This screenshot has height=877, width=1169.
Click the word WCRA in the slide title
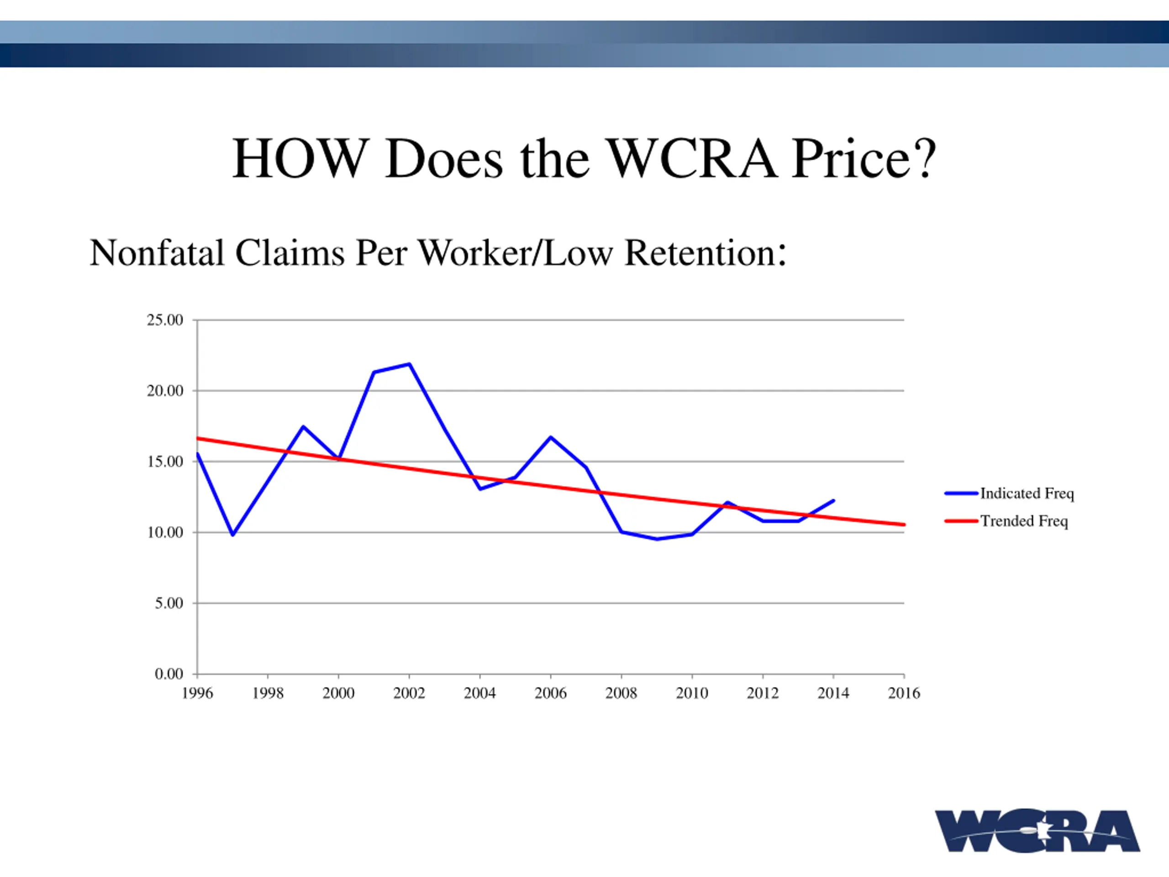[x=692, y=158]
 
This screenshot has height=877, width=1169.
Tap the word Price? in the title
[x=864, y=158]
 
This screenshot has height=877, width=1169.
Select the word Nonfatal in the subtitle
[x=157, y=253]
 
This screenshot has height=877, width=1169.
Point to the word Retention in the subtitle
[x=700, y=253]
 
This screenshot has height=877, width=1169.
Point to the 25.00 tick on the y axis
[x=165, y=320]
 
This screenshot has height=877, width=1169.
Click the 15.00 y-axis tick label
[x=165, y=461]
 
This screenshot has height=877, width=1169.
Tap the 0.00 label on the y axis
[x=169, y=674]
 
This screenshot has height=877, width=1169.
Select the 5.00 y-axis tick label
[x=169, y=603]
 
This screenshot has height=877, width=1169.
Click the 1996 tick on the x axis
[x=197, y=693]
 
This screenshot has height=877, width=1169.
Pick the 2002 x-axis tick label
[x=409, y=693]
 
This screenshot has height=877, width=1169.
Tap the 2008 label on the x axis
[x=621, y=693]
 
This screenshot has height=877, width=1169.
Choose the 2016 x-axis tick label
[x=904, y=693]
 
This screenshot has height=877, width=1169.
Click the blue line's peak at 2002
[x=410, y=364]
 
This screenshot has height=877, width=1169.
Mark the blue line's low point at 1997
[x=232, y=535]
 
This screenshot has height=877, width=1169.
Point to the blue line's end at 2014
[x=833, y=501]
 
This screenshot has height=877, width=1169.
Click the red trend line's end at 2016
[x=904, y=524]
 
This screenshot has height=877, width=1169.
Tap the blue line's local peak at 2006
[x=551, y=437]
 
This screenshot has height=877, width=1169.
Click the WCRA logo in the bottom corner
[x=1037, y=830]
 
